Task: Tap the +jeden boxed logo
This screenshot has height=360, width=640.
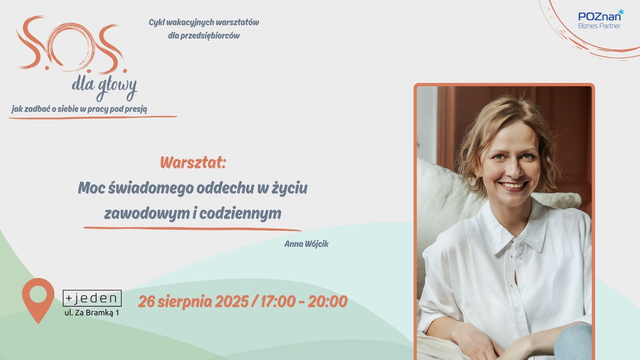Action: [x=92, y=298]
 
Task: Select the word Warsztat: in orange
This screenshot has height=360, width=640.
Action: [x=193, y=163]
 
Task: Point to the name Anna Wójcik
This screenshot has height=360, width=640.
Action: [x=306, y=244]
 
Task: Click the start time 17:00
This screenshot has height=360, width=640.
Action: [x=278, y=302]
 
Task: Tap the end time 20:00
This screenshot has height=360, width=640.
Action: [x=328, y=302]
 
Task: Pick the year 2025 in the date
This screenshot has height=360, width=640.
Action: [x=232, y=302]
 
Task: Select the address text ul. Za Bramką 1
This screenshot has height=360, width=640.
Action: [x=92, y=313]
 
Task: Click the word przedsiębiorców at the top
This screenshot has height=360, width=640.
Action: [x=204, y=36]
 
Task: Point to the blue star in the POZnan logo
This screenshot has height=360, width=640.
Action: [x=621, y=12]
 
